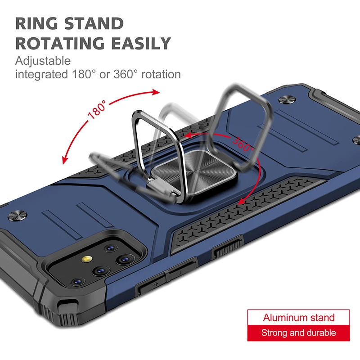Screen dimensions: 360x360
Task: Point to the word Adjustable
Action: pos(43,61)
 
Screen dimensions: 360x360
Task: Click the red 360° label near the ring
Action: pos(243,143)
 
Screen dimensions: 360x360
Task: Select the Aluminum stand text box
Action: pos(298,318)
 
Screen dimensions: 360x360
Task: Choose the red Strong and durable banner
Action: pos(298,333)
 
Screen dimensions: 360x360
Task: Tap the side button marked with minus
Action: pos(179,271)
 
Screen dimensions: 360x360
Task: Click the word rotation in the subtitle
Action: pos(161,74)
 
